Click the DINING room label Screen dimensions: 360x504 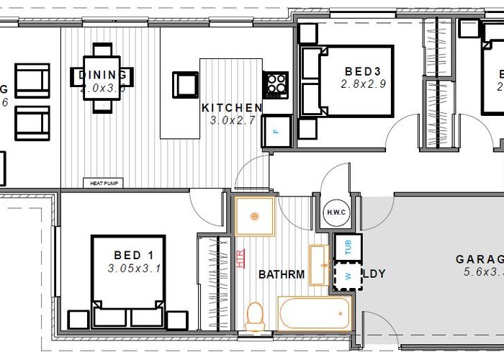102,75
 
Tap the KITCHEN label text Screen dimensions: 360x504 232,108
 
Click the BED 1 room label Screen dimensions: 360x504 134,255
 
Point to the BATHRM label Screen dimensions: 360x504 282,274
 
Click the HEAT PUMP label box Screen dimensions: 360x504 103,184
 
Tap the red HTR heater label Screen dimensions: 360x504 240,258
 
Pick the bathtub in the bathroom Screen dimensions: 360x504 315,314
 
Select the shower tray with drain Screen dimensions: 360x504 254,216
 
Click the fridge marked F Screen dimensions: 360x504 276,132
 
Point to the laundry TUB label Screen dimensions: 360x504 348,248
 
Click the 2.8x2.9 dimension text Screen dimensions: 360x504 364,84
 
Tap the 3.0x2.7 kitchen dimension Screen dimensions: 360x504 233,120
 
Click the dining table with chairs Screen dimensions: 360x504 103,78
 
